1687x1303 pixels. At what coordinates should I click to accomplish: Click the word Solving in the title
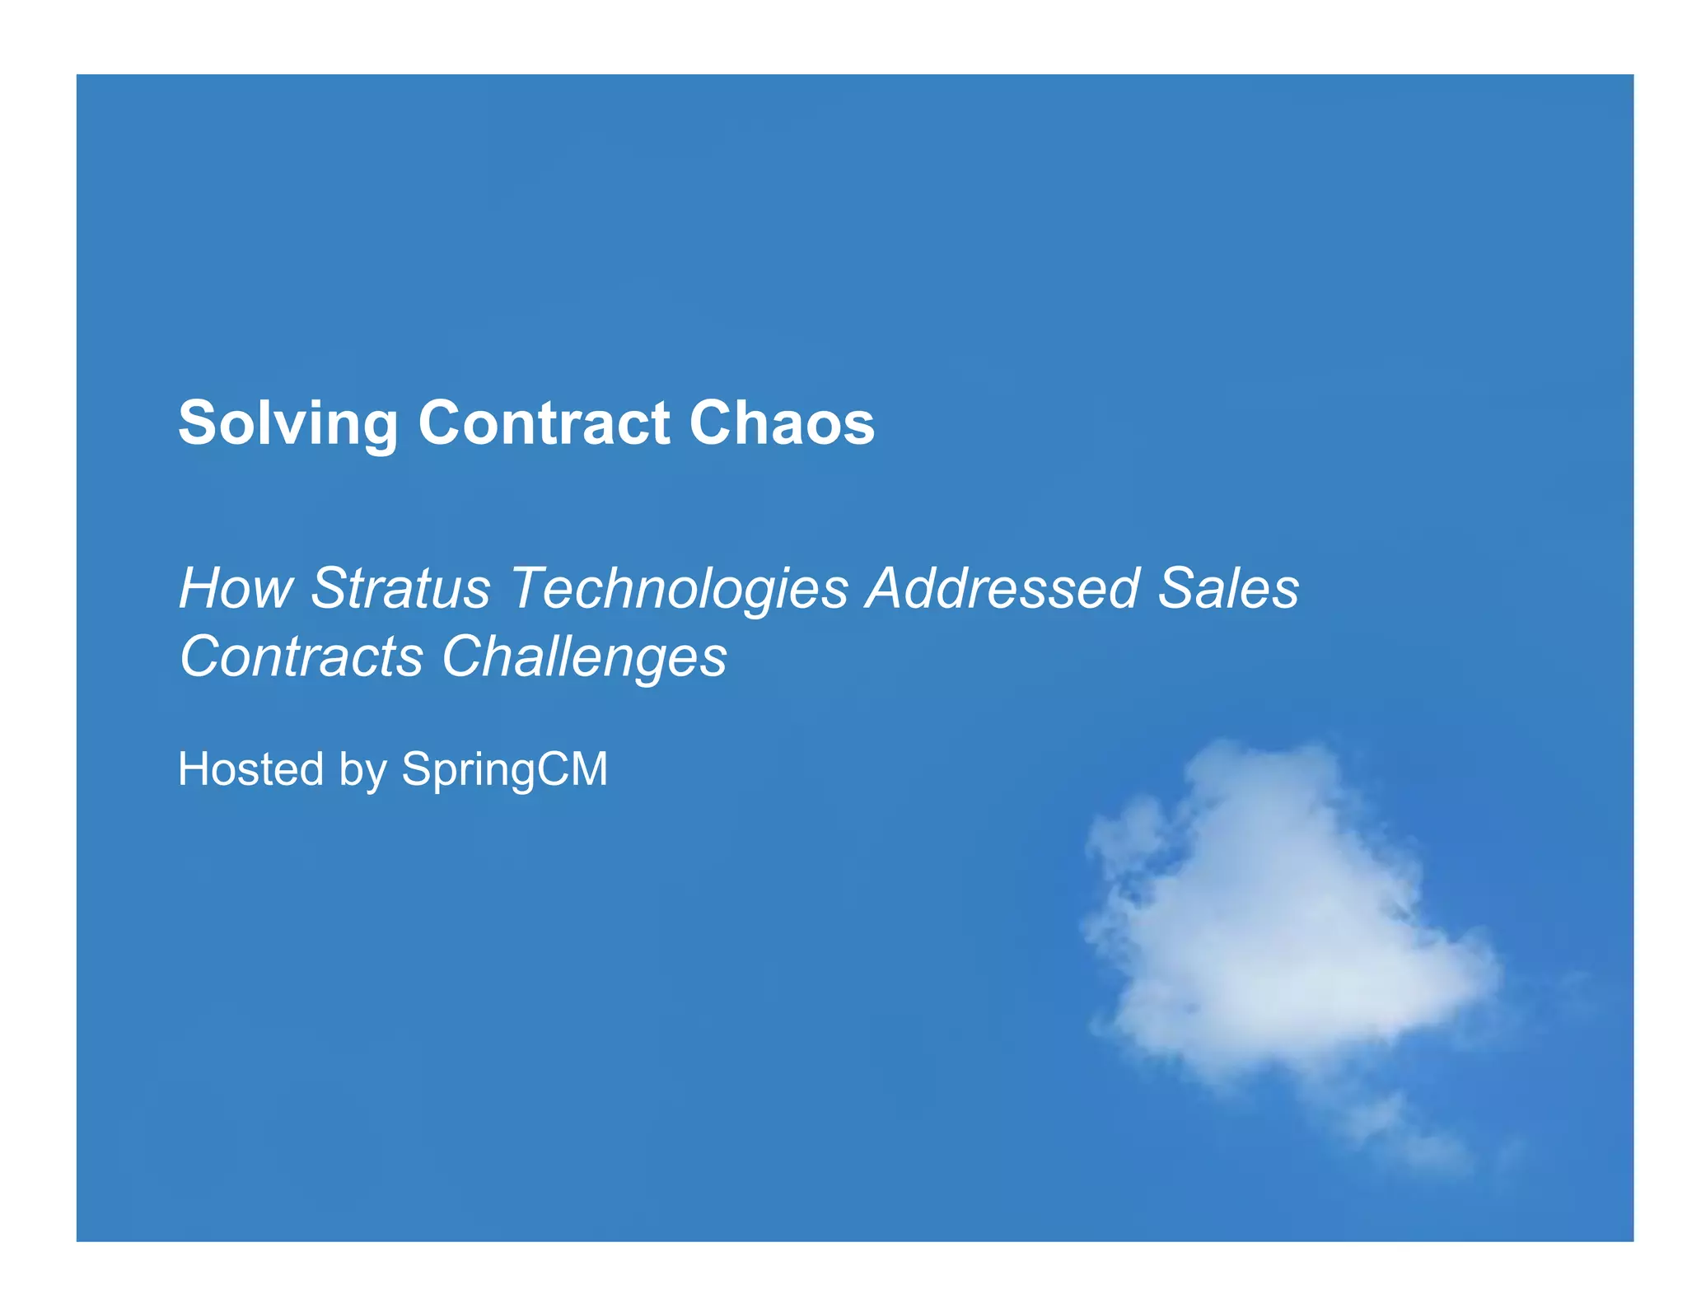(287, 423)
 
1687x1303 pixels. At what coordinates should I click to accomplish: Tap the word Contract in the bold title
(544, 423)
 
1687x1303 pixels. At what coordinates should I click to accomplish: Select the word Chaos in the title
(781, 423)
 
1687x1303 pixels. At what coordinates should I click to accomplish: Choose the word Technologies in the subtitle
(679, 590)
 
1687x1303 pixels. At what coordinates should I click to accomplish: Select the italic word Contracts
(301, 656)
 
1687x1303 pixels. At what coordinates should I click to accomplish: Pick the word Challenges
(584, 658)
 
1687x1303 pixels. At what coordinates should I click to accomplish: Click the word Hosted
(250, 768)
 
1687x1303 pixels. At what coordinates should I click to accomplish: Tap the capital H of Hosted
(193, 768)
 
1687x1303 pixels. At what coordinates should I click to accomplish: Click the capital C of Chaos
(710, 423)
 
